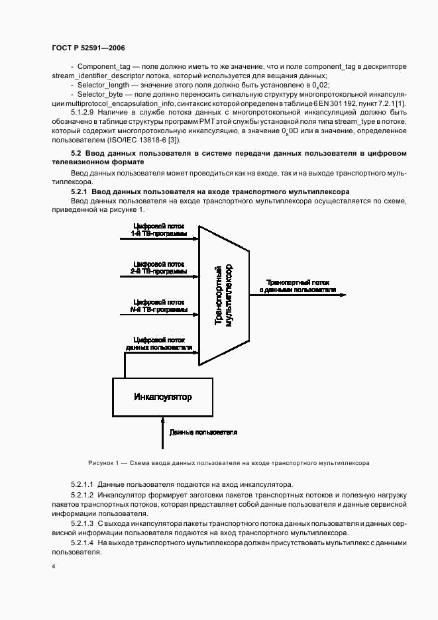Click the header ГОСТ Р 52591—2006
(87, 48)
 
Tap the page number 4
(54, 567)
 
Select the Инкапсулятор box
(163, 397)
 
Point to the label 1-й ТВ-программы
(158, 234)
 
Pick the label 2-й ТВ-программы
(158, 272)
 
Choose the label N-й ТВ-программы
(158, 309)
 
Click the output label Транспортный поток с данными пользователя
(297, 285)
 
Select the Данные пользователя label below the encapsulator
(203, 432)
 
